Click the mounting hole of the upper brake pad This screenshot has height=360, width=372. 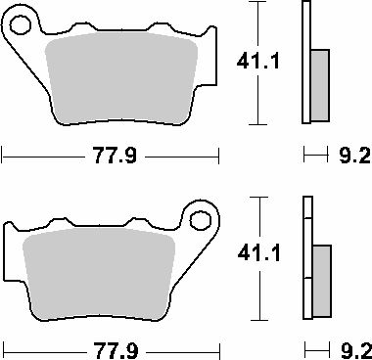tap(21, 25)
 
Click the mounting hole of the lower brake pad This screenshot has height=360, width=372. tap(201, 221)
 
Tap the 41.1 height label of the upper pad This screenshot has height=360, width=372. tap(258, 62)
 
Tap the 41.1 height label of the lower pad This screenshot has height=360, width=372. tap(259, 253)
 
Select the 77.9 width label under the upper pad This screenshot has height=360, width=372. tap(115, 156)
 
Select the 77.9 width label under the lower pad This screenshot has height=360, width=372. tap(116, 351)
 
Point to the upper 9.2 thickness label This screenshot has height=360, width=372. tap(354, 156)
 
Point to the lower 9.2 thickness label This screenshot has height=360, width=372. tap(355, 351)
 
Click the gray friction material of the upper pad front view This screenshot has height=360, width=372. tap(121, 78)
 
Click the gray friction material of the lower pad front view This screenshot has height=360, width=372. tap(99, 273)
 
